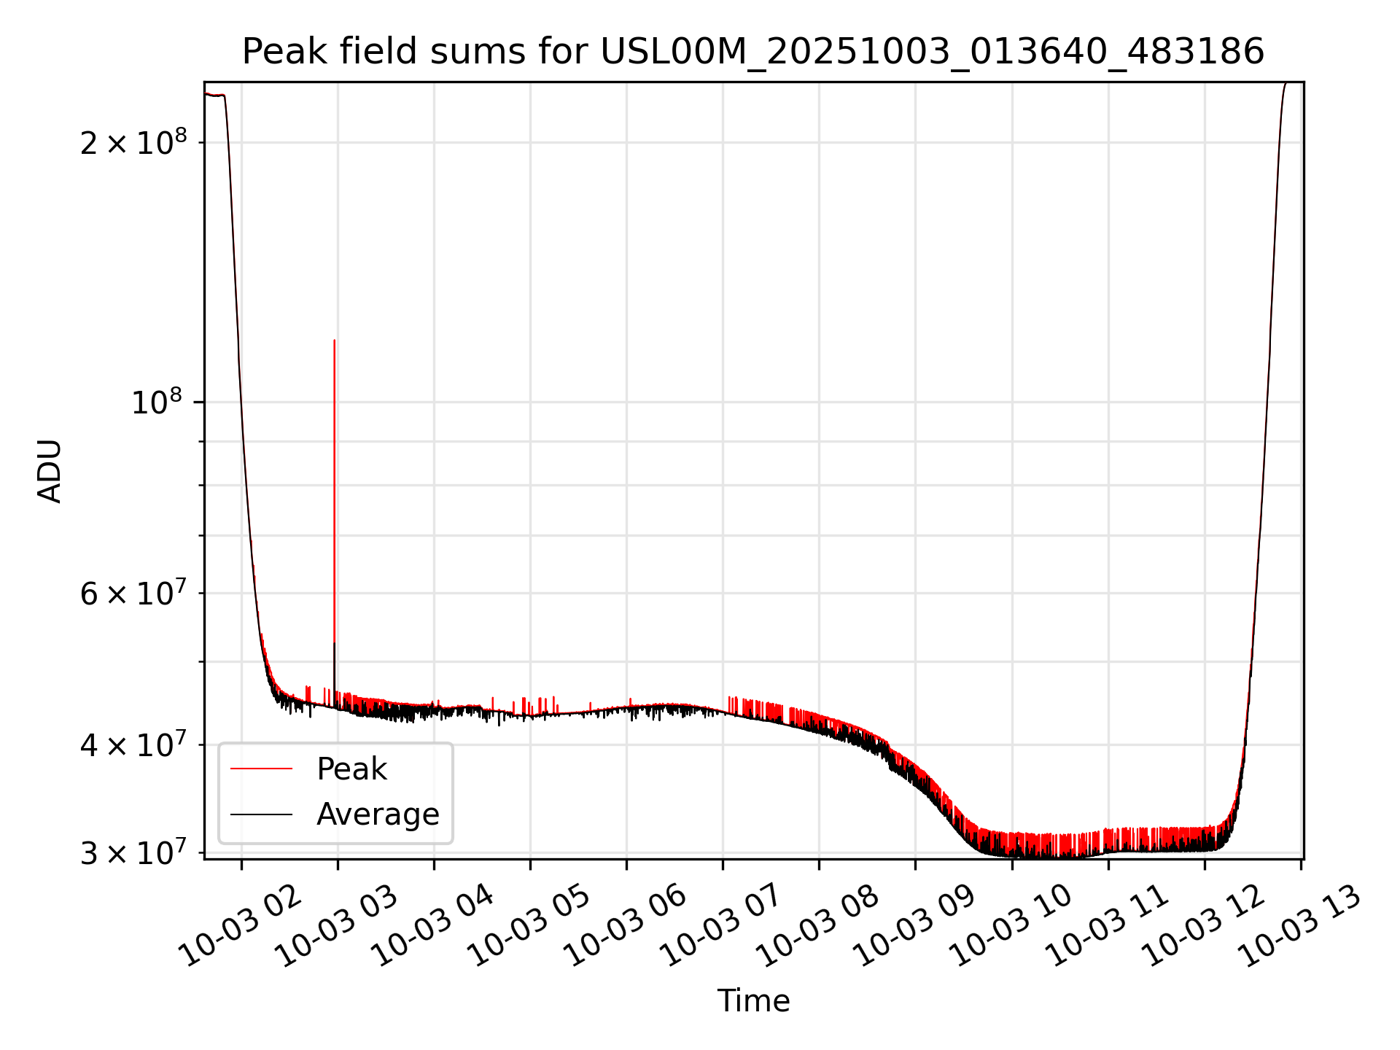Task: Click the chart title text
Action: pyautogui.click(x=752, y=52)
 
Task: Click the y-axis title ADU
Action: pyautogui.click(x=50, y=471)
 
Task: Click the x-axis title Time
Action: pyautogui.click(x=753, y=1000)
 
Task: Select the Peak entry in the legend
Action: pyautogui.click(x=351, y=769)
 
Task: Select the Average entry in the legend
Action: pyautogui.click(x=378, y=814)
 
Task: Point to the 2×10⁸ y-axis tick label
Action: pyautogui.click(x=133, y=141)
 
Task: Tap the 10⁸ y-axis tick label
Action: pyautogui.click(x=155, y=401)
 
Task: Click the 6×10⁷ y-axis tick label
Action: pyautogui.click(x=133, y=593)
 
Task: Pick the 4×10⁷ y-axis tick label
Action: pyautogui.click(x=133, y=744)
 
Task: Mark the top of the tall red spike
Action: pyautogui.click(x=334, y=341)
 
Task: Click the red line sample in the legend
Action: pyautogui.click(x=261, y=769)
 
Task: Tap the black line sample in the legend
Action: pyautogui.click(x=261, y=814)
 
